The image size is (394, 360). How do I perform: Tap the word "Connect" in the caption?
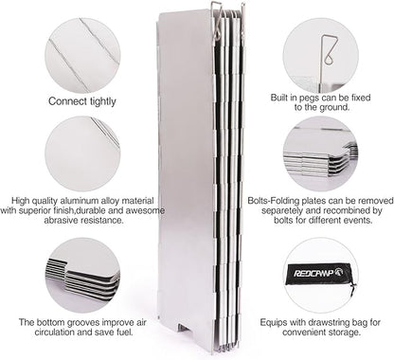[68, 101]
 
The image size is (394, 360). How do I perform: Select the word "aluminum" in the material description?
[80, 201]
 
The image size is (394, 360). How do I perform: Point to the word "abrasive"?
[61, 220]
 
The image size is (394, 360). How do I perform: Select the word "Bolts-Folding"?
[274, 201]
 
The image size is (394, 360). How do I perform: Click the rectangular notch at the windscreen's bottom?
[186, 328]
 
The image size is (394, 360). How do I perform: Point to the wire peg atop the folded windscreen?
[217, 21]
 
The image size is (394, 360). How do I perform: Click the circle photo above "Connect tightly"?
[82, 55]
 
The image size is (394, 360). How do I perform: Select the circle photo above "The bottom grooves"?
[82, 276]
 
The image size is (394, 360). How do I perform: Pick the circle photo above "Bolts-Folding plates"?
[320, 153]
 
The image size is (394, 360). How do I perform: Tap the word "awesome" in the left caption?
[149, 210]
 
